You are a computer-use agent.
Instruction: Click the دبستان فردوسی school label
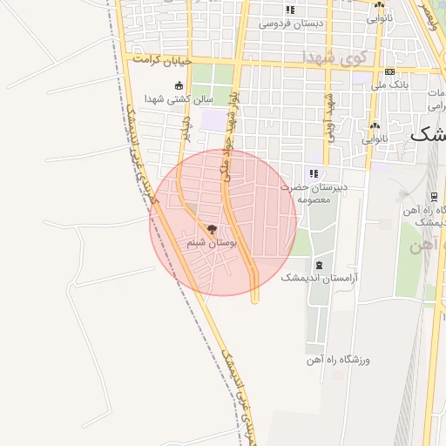[x=291, y=24]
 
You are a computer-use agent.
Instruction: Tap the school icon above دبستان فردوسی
[x=291, y=10]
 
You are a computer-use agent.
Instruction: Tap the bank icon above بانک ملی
[x=389, y=71]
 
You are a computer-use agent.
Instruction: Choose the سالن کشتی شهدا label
[x=179, y=98]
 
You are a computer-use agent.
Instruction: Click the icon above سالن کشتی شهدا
[x=179, y=85]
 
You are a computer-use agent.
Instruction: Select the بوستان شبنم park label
[x=210, y=243]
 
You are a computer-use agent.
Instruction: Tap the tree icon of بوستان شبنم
[x=212, y=229]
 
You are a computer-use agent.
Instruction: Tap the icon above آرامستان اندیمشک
[x=320, y=264]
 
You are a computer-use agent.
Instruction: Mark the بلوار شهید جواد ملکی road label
[x=232, y=131]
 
